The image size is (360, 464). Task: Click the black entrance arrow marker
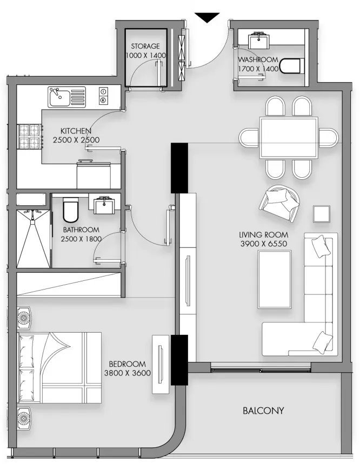click(x=207, y=17)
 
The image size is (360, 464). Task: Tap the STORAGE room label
click(x=145, y=46)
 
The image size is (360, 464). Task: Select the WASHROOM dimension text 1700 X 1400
click(x=258, y=69)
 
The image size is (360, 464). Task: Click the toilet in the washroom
click(x=291, y=66)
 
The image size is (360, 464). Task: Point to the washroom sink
click(x=259, y=39)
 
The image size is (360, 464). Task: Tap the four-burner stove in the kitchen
click(x=30, y=136)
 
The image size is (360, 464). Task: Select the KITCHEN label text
click(x=76, y=131)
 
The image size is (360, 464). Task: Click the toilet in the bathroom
click(x=71, y=210)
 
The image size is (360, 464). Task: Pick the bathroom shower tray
click(x=34, y=239)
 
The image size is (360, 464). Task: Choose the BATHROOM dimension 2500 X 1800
click(x=81, y=239)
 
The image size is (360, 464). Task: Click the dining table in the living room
click(x=289, y=138)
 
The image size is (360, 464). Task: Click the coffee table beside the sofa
click(x=275, y=279)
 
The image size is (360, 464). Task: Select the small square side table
click(x=322, y=213)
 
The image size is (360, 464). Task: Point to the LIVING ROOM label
click(x=263, y=235)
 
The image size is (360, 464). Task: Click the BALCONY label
click(x=263, y=411)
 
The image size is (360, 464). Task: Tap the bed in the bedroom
click(x=59, y=367)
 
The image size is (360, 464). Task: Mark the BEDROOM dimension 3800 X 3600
click(x=128, y=373)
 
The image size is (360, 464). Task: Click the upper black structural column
click(x=179, y=168)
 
